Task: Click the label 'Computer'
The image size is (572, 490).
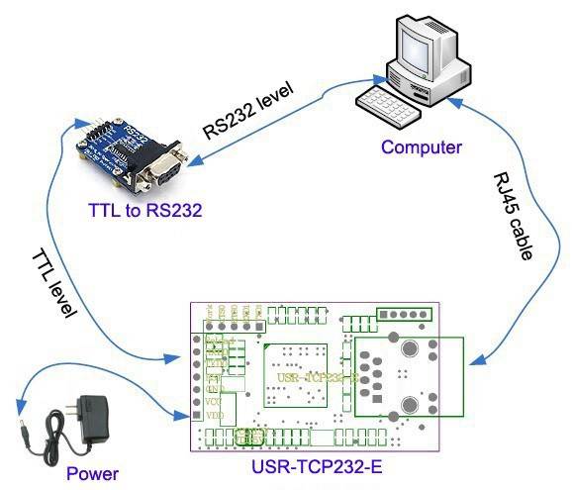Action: pos(422,147)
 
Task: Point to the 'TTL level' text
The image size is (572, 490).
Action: pos(53,281)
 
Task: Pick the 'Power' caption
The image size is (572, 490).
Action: pos(92,473)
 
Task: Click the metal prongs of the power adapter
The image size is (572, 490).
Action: pos(89,391)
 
